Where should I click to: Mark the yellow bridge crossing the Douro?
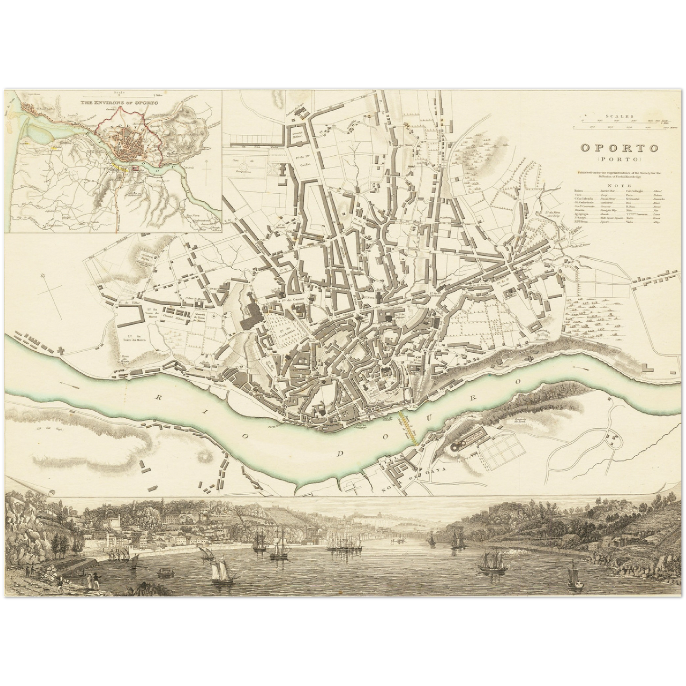pos(408,427)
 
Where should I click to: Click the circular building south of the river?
pos(457,447)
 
